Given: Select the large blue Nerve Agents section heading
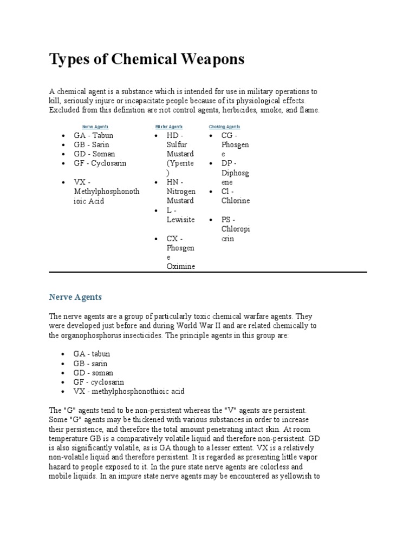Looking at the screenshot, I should [75, 297].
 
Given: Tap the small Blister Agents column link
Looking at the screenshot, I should [168, 127].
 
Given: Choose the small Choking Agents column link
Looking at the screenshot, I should [224, 127].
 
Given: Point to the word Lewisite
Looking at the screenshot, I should [181, 220].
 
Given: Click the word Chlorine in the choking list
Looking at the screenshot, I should [236, 201].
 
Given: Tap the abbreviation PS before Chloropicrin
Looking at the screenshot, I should [226, 220].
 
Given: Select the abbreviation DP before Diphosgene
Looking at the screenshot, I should [227, 163].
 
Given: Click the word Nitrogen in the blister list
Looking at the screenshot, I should [181, 192].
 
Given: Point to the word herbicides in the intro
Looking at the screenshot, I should [236, 110].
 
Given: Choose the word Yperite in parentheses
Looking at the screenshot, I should [181, 163].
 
